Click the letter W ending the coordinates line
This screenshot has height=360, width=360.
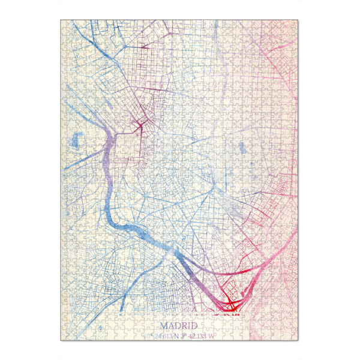[x=212, y=334]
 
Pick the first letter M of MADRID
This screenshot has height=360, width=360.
[x=164, y=326]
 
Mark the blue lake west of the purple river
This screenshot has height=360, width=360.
[x=74, y=142]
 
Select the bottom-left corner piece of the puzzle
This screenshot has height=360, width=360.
[x=64, y=337]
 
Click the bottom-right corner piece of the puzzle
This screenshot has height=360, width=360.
[x=295, y=337]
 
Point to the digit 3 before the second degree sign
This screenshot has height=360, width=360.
[x=182, y=334]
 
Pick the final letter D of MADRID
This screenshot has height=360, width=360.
[x=195, y=326]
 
